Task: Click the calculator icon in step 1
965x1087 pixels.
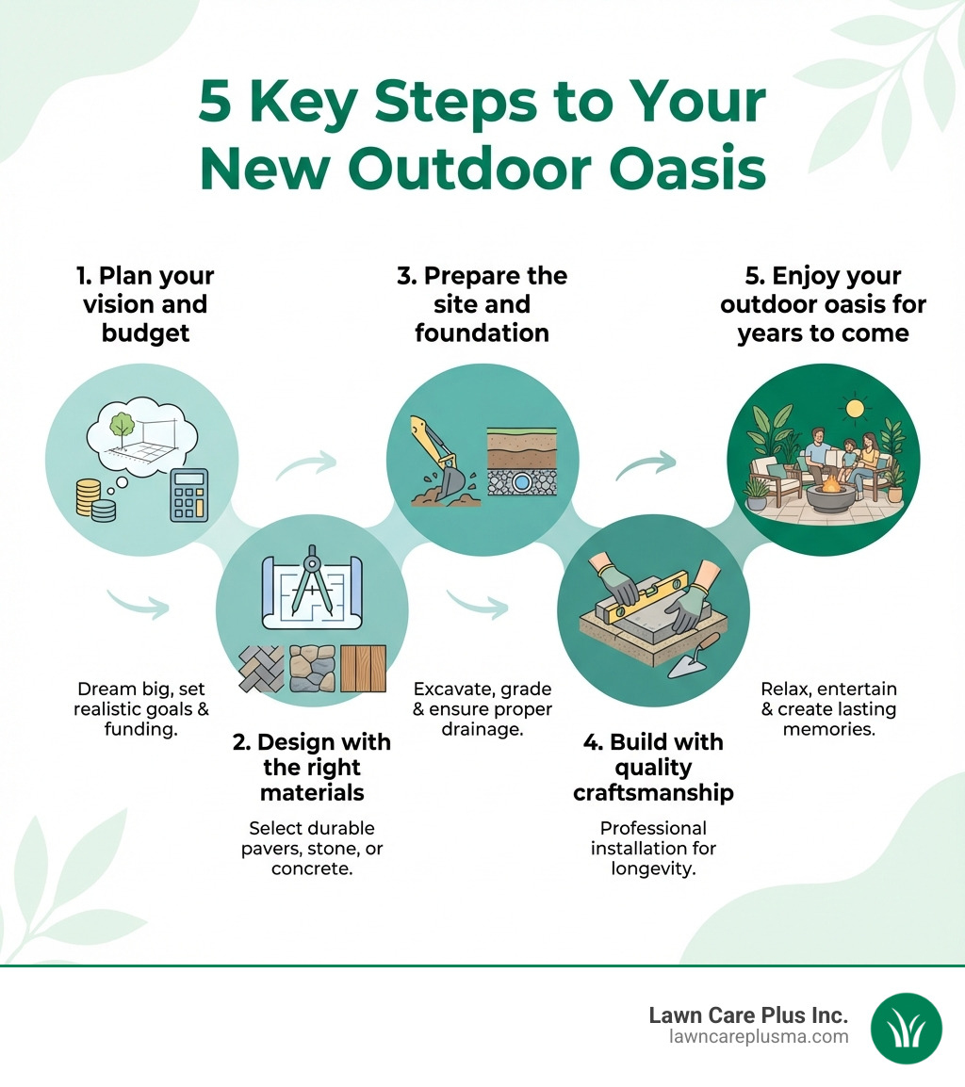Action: point(188,495)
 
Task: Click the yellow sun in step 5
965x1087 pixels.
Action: point(856,408)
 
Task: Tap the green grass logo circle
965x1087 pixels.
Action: point(906,1028)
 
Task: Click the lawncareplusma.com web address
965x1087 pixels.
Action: point(758,1037)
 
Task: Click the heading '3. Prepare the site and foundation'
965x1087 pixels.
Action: point(482,304)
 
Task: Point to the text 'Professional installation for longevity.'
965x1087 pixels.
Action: point(653,848)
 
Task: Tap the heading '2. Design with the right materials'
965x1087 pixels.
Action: point(311,768)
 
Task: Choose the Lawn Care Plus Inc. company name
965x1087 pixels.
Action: point(748,1014)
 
